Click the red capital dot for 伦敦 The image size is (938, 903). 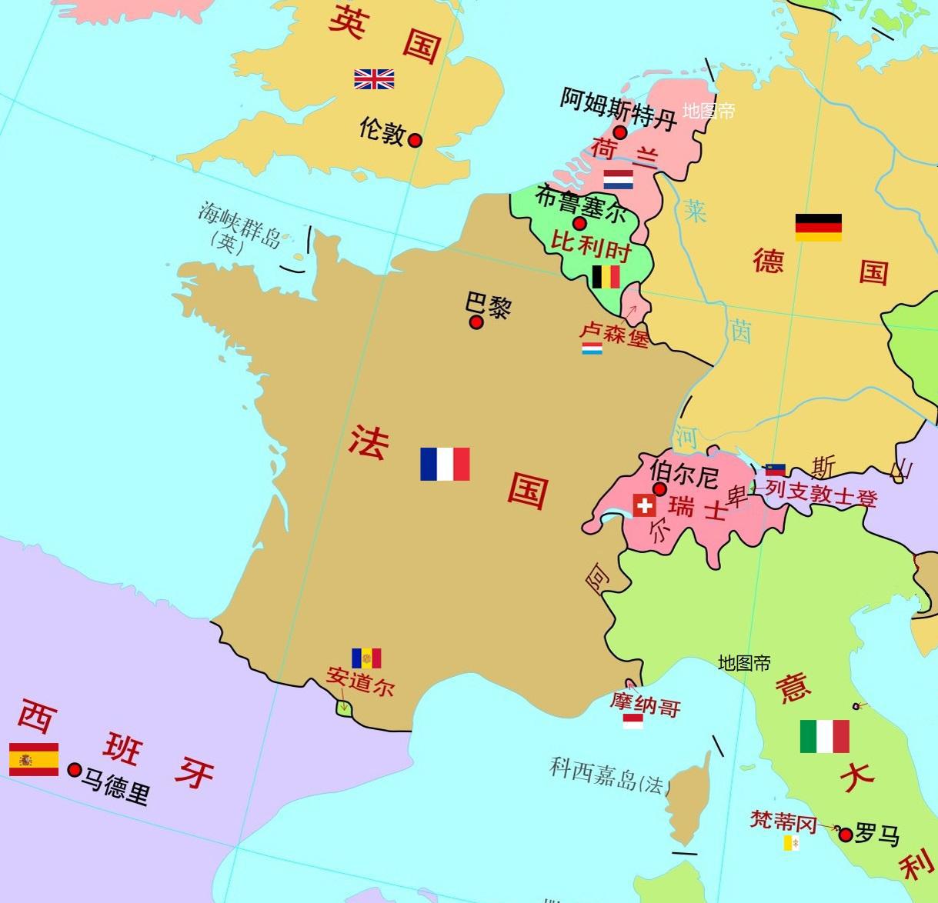[415, 140]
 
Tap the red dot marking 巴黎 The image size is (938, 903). [476, 322]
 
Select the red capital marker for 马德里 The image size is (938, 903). [75, 770]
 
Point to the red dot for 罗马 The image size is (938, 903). [846, 835]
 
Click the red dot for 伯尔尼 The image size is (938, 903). [659, 489]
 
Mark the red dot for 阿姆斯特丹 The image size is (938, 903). [619, 132]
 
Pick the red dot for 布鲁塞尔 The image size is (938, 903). [579, 224]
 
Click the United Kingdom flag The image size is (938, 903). [374, 79]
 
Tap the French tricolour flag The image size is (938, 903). [445, 464]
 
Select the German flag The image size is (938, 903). [818, 228]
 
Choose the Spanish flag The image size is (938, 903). [34, 759]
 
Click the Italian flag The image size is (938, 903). [824, 736]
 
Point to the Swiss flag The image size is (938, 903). [644, 505]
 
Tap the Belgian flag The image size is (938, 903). [606, 277]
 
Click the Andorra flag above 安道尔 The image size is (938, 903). [366, 658]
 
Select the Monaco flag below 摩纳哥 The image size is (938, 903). [633, 721]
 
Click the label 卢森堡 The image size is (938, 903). [613, 334]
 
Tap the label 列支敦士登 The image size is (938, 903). [821, 495]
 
